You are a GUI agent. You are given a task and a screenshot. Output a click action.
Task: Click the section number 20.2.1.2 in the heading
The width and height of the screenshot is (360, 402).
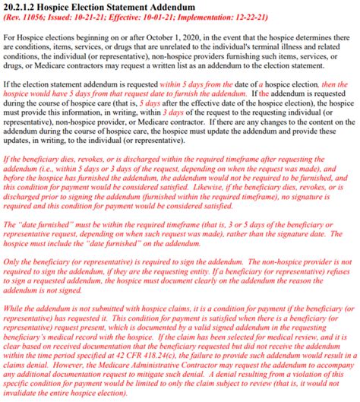25,7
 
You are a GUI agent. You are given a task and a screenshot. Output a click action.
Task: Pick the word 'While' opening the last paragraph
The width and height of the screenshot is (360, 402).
14,306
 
